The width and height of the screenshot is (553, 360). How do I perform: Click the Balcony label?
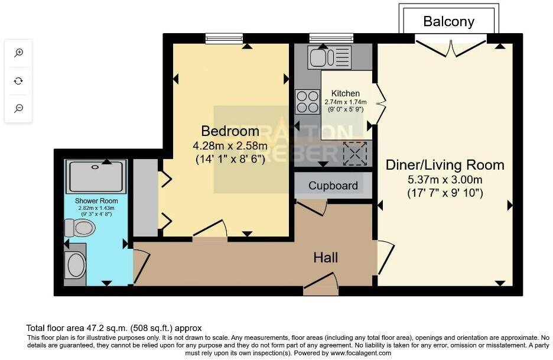coord(449,22)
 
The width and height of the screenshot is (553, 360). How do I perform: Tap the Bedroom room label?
coord(230,131)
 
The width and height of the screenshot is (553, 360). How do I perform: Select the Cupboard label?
coord(333,186)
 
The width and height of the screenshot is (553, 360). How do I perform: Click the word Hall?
coord(326,257)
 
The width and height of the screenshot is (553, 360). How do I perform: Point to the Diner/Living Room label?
coord(445,165)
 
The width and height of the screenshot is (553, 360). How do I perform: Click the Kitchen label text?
coord(345,93)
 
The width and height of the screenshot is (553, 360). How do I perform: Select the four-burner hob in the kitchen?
coord(307,100)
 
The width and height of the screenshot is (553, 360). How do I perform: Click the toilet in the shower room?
coord(80,227)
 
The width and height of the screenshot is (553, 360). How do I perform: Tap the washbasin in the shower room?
coord(77,265)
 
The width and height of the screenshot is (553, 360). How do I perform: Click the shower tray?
coord(97,175)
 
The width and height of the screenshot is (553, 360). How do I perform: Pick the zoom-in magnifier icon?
coord(19,53)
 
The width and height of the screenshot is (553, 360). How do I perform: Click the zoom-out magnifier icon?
coord(19,108)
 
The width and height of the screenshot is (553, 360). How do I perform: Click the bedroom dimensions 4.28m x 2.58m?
coord(230,145)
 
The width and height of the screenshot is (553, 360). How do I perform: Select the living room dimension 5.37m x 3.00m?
coord(445,180)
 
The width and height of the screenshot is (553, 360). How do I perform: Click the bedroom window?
coord(224,38)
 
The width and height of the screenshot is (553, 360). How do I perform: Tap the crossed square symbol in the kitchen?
coord(355,154)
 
